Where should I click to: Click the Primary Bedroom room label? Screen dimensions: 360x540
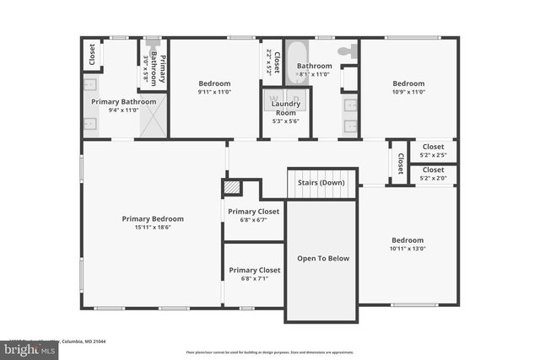(152, 218)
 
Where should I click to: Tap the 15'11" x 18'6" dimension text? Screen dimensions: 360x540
(152, 228)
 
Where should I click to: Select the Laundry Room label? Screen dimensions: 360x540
(285, 108)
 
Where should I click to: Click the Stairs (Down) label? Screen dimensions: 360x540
(321, 182)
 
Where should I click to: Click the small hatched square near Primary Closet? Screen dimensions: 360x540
(231, 187)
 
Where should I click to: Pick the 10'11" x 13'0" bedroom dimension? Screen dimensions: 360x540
(408, 248)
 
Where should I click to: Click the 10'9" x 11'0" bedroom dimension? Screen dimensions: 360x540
(408, 93)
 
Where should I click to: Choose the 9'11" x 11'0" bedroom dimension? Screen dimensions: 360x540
(214, 93)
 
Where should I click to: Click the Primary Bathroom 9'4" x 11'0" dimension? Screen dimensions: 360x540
(124, 110)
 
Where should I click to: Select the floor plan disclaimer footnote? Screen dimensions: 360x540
(270, 352)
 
